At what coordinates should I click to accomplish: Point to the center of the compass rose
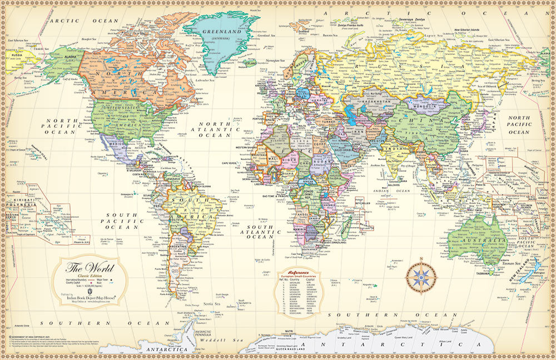click(421, 277)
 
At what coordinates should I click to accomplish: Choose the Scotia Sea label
click(212, 304)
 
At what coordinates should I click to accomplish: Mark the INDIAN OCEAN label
click(392, 191)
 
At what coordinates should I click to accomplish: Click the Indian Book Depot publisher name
click(87, 298)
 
